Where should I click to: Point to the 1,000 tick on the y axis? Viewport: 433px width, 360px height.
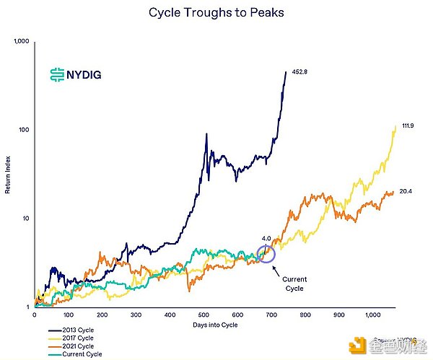point(21,42)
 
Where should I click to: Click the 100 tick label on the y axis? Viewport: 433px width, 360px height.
point(23,130)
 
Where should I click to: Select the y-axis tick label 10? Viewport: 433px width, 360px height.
point(25,219)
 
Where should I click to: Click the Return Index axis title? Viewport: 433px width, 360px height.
point(9,175)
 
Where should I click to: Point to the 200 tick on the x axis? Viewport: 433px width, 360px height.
point(102,315)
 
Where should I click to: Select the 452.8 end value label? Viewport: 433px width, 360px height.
point(300,72)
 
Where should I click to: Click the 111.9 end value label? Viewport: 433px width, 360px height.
point(407,126)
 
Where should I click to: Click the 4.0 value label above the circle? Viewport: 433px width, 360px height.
point(266,237)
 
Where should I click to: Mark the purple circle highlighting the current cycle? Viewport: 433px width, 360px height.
point(266,253)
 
